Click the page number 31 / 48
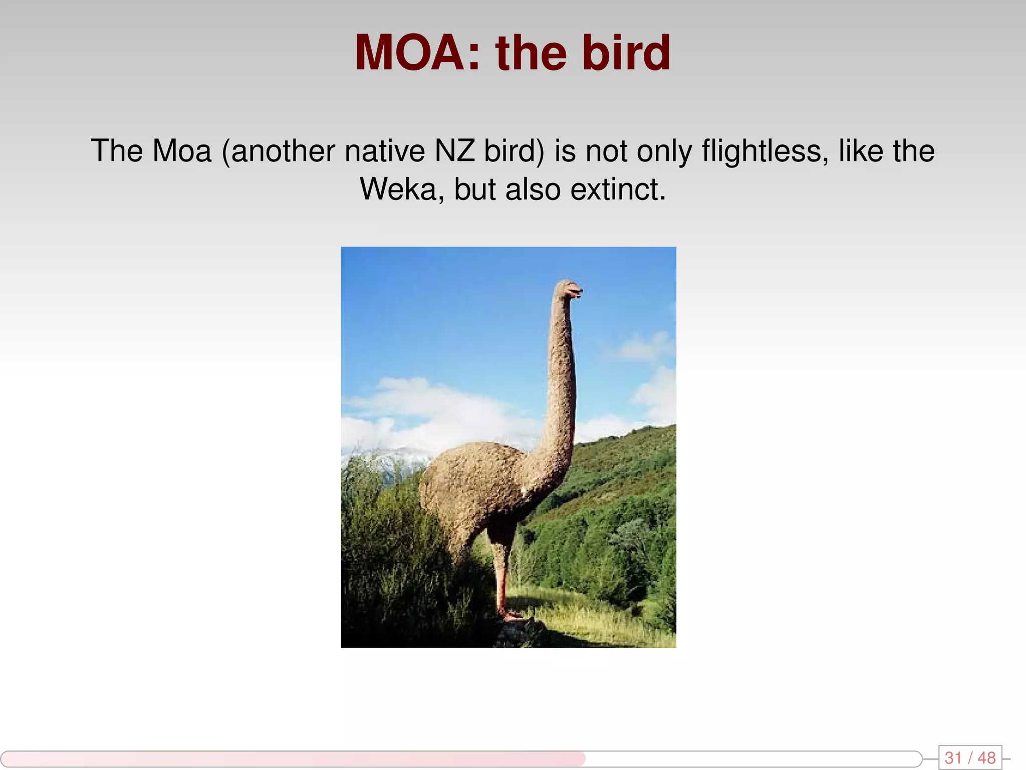[970, 757]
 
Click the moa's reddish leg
[501, 576]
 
